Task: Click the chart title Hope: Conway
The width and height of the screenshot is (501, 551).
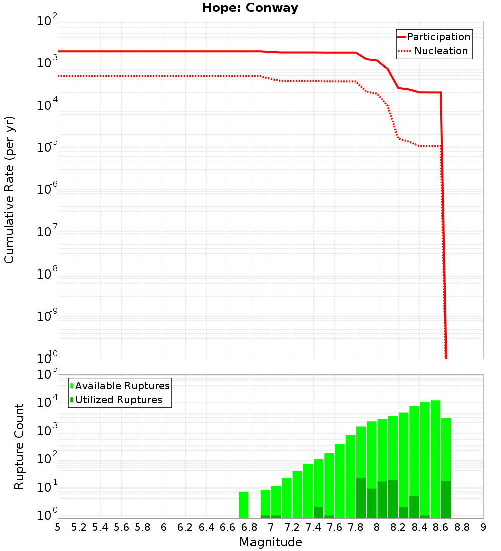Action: pyautogui.click(x=250, y=8)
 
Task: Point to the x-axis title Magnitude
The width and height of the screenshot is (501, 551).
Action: pyautogui.click(x=271, y=542)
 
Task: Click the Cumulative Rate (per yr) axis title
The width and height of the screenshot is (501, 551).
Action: pyautogui.click(x=9, y=190)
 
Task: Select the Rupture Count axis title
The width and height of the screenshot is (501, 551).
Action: pyautogui.click(x=19, y=446)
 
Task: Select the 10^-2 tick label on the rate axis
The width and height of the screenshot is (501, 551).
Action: pyautogui.click(x=46, y=22)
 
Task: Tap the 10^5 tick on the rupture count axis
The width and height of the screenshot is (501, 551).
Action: pyautogui.click(x=46, y=375)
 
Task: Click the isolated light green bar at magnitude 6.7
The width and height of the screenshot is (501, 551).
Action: pyautogui.click(x=244, y=505)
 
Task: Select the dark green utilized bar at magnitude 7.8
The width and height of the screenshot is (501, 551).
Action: pyautogui.click(x=361, y=498)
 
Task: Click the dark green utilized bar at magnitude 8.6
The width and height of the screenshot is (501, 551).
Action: pyautogui.click(x=446, y=499)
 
